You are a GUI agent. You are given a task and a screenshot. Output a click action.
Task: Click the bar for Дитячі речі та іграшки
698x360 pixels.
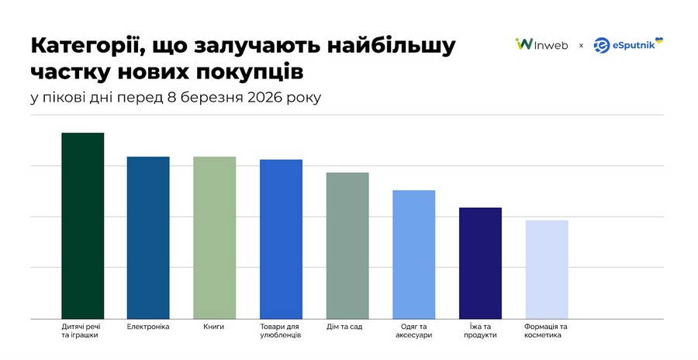point(82,225)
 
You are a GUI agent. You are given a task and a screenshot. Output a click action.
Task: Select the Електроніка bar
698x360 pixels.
point(148,237)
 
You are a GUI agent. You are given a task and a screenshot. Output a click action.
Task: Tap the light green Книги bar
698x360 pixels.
point(214,237)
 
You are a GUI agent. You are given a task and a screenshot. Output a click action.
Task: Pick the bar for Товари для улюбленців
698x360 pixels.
point(281,238)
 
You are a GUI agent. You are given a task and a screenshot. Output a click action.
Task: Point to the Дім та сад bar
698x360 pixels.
point(347,244)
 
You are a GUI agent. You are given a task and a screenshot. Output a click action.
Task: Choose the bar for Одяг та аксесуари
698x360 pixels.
point(413,254)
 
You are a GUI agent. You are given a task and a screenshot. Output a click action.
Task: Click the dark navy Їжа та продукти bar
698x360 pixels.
point(480,262)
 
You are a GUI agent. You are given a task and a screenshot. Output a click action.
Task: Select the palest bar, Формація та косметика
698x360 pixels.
point(546,268)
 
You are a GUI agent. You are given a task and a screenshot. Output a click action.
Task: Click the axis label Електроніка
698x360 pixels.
point(148,327)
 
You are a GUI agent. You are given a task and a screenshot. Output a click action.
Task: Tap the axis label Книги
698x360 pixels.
point(214,327)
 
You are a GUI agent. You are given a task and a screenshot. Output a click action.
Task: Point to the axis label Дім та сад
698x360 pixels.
point(347,327)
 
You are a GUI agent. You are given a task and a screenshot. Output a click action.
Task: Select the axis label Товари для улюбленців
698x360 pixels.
point(281,331)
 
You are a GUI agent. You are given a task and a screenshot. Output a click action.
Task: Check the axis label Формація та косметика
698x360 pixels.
point(546,331)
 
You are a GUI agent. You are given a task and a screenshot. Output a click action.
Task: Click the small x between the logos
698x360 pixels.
point(581,46)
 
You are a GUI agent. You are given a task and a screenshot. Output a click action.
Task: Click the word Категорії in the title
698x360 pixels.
point(82,45)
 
